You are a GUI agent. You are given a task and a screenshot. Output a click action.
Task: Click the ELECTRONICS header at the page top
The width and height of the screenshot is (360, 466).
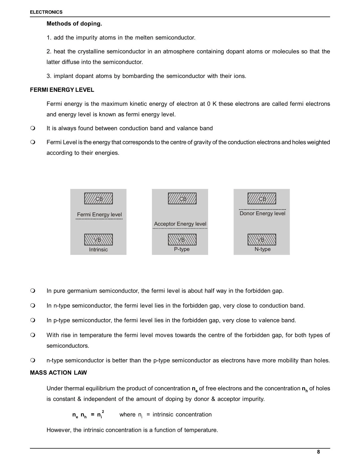pyautogui.click(x=46, y=12)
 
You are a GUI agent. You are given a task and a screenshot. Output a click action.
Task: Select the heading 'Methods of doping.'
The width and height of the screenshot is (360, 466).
pyautogui.click(x=74, y=24)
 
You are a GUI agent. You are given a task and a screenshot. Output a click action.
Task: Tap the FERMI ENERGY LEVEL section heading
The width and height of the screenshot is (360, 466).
pyautogui.click(x=62, y=90)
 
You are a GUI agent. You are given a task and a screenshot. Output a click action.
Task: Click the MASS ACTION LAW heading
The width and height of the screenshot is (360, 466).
pyautogui.click(x=58, y=373)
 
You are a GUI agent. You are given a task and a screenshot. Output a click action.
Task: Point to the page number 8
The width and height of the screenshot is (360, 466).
pyautogui.click(x=318, y=452)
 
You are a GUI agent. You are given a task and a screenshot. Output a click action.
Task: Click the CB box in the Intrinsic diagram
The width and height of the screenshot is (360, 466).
pyautogui.click(x=99, y=199)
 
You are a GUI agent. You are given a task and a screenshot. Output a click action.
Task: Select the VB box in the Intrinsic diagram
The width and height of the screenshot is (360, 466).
pyautogui.click(x=99, y=240)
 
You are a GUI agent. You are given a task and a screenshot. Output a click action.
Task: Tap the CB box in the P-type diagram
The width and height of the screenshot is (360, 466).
pyautogui.click(x=182, y=199)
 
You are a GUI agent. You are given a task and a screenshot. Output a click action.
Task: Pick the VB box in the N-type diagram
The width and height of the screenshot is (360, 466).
pyautogui.click(x=262, y=240)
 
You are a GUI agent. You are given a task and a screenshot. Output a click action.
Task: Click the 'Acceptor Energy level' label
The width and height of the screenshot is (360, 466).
pyautogui.click(x=180, y=224)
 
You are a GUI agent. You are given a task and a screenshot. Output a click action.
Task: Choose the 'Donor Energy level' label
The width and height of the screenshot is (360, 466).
pyautogui.click(x=262, y=214)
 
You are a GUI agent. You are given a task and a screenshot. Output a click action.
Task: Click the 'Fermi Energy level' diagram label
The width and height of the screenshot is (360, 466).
pyautogui.click(x=99, y=215)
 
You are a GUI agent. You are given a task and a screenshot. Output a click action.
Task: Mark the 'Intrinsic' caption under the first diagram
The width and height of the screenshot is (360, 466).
pyautogui.click(x=98, y=250)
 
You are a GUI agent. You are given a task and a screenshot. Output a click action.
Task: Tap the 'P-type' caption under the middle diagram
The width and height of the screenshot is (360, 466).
pyautogui.click(x=182, y=249)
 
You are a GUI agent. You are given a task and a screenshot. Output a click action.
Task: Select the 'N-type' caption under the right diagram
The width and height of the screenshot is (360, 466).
pyautogui.click(x=263, y=249)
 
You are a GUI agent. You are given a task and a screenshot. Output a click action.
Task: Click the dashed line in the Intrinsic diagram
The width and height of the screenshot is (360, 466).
pyautogui.click(x=99, y=219)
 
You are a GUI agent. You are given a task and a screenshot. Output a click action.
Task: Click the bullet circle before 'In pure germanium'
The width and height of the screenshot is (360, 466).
pyautogui.click(x=33, y=291)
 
